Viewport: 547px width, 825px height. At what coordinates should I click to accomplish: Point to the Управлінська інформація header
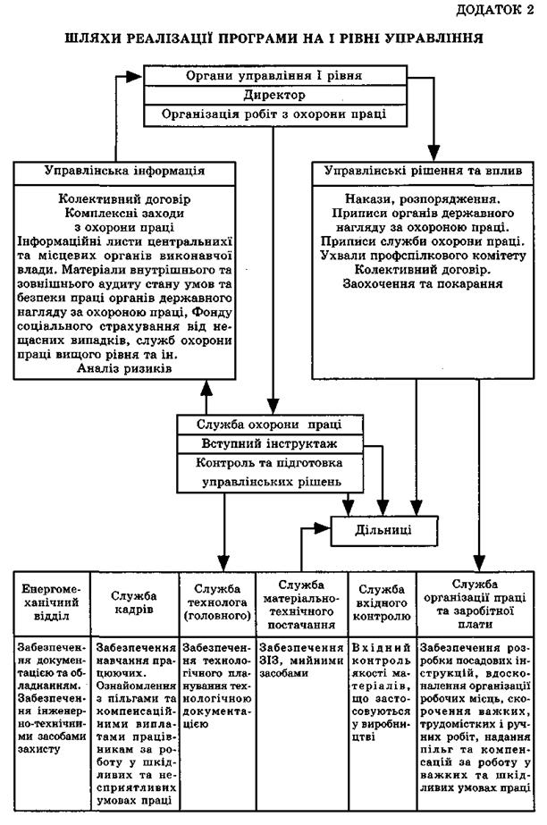tap(125, 169)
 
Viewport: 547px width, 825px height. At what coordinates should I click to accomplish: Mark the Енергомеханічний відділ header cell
tap(49, 603)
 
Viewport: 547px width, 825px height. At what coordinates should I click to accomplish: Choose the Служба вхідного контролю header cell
tap(383, 602)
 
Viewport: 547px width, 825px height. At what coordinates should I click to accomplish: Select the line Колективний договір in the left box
tap(125, 199)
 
